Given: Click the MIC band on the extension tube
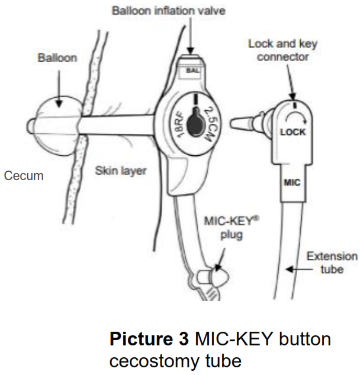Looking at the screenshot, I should (x=292, y=182).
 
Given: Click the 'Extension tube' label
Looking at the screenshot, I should (x=331, y=263).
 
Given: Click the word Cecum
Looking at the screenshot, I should (x=24, y=176).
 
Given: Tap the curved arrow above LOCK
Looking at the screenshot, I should (x=295, y=111).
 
